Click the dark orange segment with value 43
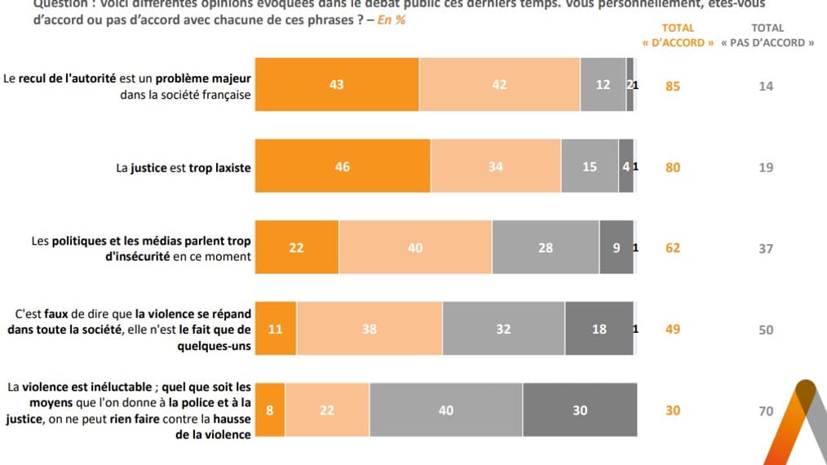(x=337, y=85)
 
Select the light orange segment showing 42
(x=499, y=85)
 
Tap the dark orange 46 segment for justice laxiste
(x=343, y=166)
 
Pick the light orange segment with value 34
(x=495, y=166)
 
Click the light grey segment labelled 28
(x=545, y=248)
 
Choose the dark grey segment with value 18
(x=599, y=330)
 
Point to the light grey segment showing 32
(x=503, y=330)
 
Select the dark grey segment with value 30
(x=579, y=410)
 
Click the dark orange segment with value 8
(x=270, y=410)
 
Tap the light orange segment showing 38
(x=369, y=330)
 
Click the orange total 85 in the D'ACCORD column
(x=673, y=86)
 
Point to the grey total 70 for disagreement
(x=766, y=411)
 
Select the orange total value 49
(x=673, y=330)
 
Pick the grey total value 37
(x=766, y=249)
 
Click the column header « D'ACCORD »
(x=678, y=42)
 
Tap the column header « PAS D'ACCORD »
(x=767, y=42)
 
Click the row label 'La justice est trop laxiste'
(x=184, y=168)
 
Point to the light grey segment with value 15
(x=589, y=166)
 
